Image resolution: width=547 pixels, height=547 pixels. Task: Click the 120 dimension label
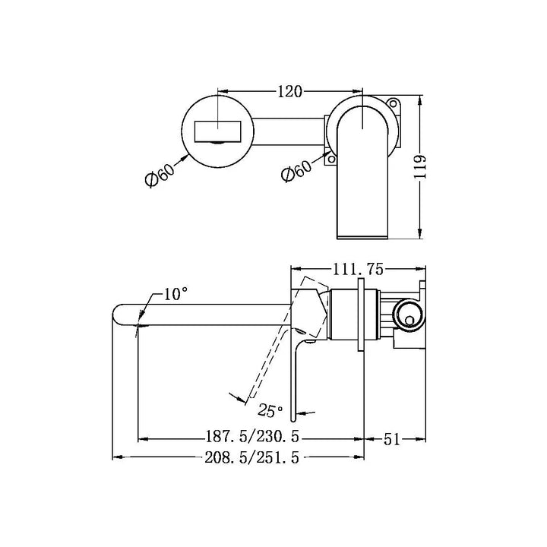pyautogui.click(x=289, y=92)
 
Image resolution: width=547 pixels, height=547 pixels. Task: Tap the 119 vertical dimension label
pyautogui.click(x=420, y=166)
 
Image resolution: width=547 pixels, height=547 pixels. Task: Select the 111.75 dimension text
pyautogui.click(x=358, y=269)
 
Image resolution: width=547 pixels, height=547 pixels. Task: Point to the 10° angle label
pyautogui.click(x=175, y=294)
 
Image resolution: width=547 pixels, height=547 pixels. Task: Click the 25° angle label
pyautogui.click(x=270, y=410)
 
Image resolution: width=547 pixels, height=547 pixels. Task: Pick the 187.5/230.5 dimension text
pyautogui.click(x=252, y=436)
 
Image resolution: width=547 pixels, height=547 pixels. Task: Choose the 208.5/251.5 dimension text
pyautogui.click(x=252, y=457)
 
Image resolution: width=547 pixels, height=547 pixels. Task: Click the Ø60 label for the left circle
pyautogui.click(x=160, y=175)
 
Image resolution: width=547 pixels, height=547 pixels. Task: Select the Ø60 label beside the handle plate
pyautogui.click(x=296, y=171)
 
